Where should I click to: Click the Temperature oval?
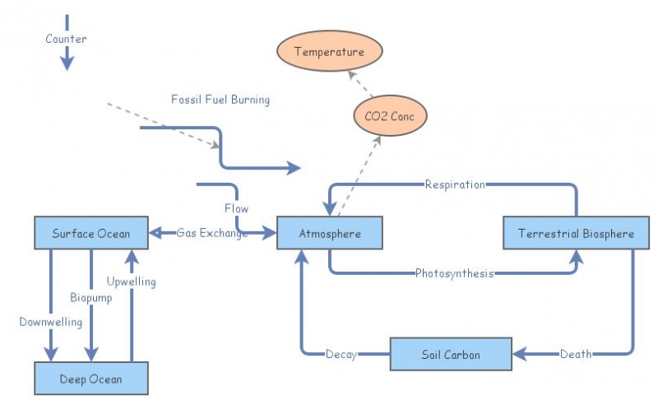pyautogui.click(x=329, y=53)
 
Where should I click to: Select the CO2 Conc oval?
pyautogui.click(x=391, y=117)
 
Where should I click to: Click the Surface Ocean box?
pyautogui.click(x=90, y=233)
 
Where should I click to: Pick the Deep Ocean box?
pyautogui.click(x=90, y=379)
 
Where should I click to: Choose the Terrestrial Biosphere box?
pyautogui.click(x=576, y=233)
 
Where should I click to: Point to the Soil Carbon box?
pyautogui.click(x=451, y=354)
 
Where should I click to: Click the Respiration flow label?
pyautogui.click(x=455, y=184)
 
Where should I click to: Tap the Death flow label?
pyautogui.click(x=575, y=355)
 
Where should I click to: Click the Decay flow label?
pyautogui.click(x=341, y=355)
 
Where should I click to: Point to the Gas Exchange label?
pyautogui.click(x=212, y=233)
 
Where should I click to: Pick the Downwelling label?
pyautogui.click(x=51, y=322)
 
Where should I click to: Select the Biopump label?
pyautogui.click(x=90, y=297)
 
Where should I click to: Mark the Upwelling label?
pyautogui.click(x=131, y=282)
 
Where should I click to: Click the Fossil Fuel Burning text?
pyautogui.click(x=220, y=100)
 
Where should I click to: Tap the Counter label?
pyautogui.click(x=66, y=39)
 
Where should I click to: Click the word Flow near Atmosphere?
pyautogui.click(x=236, y=208)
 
